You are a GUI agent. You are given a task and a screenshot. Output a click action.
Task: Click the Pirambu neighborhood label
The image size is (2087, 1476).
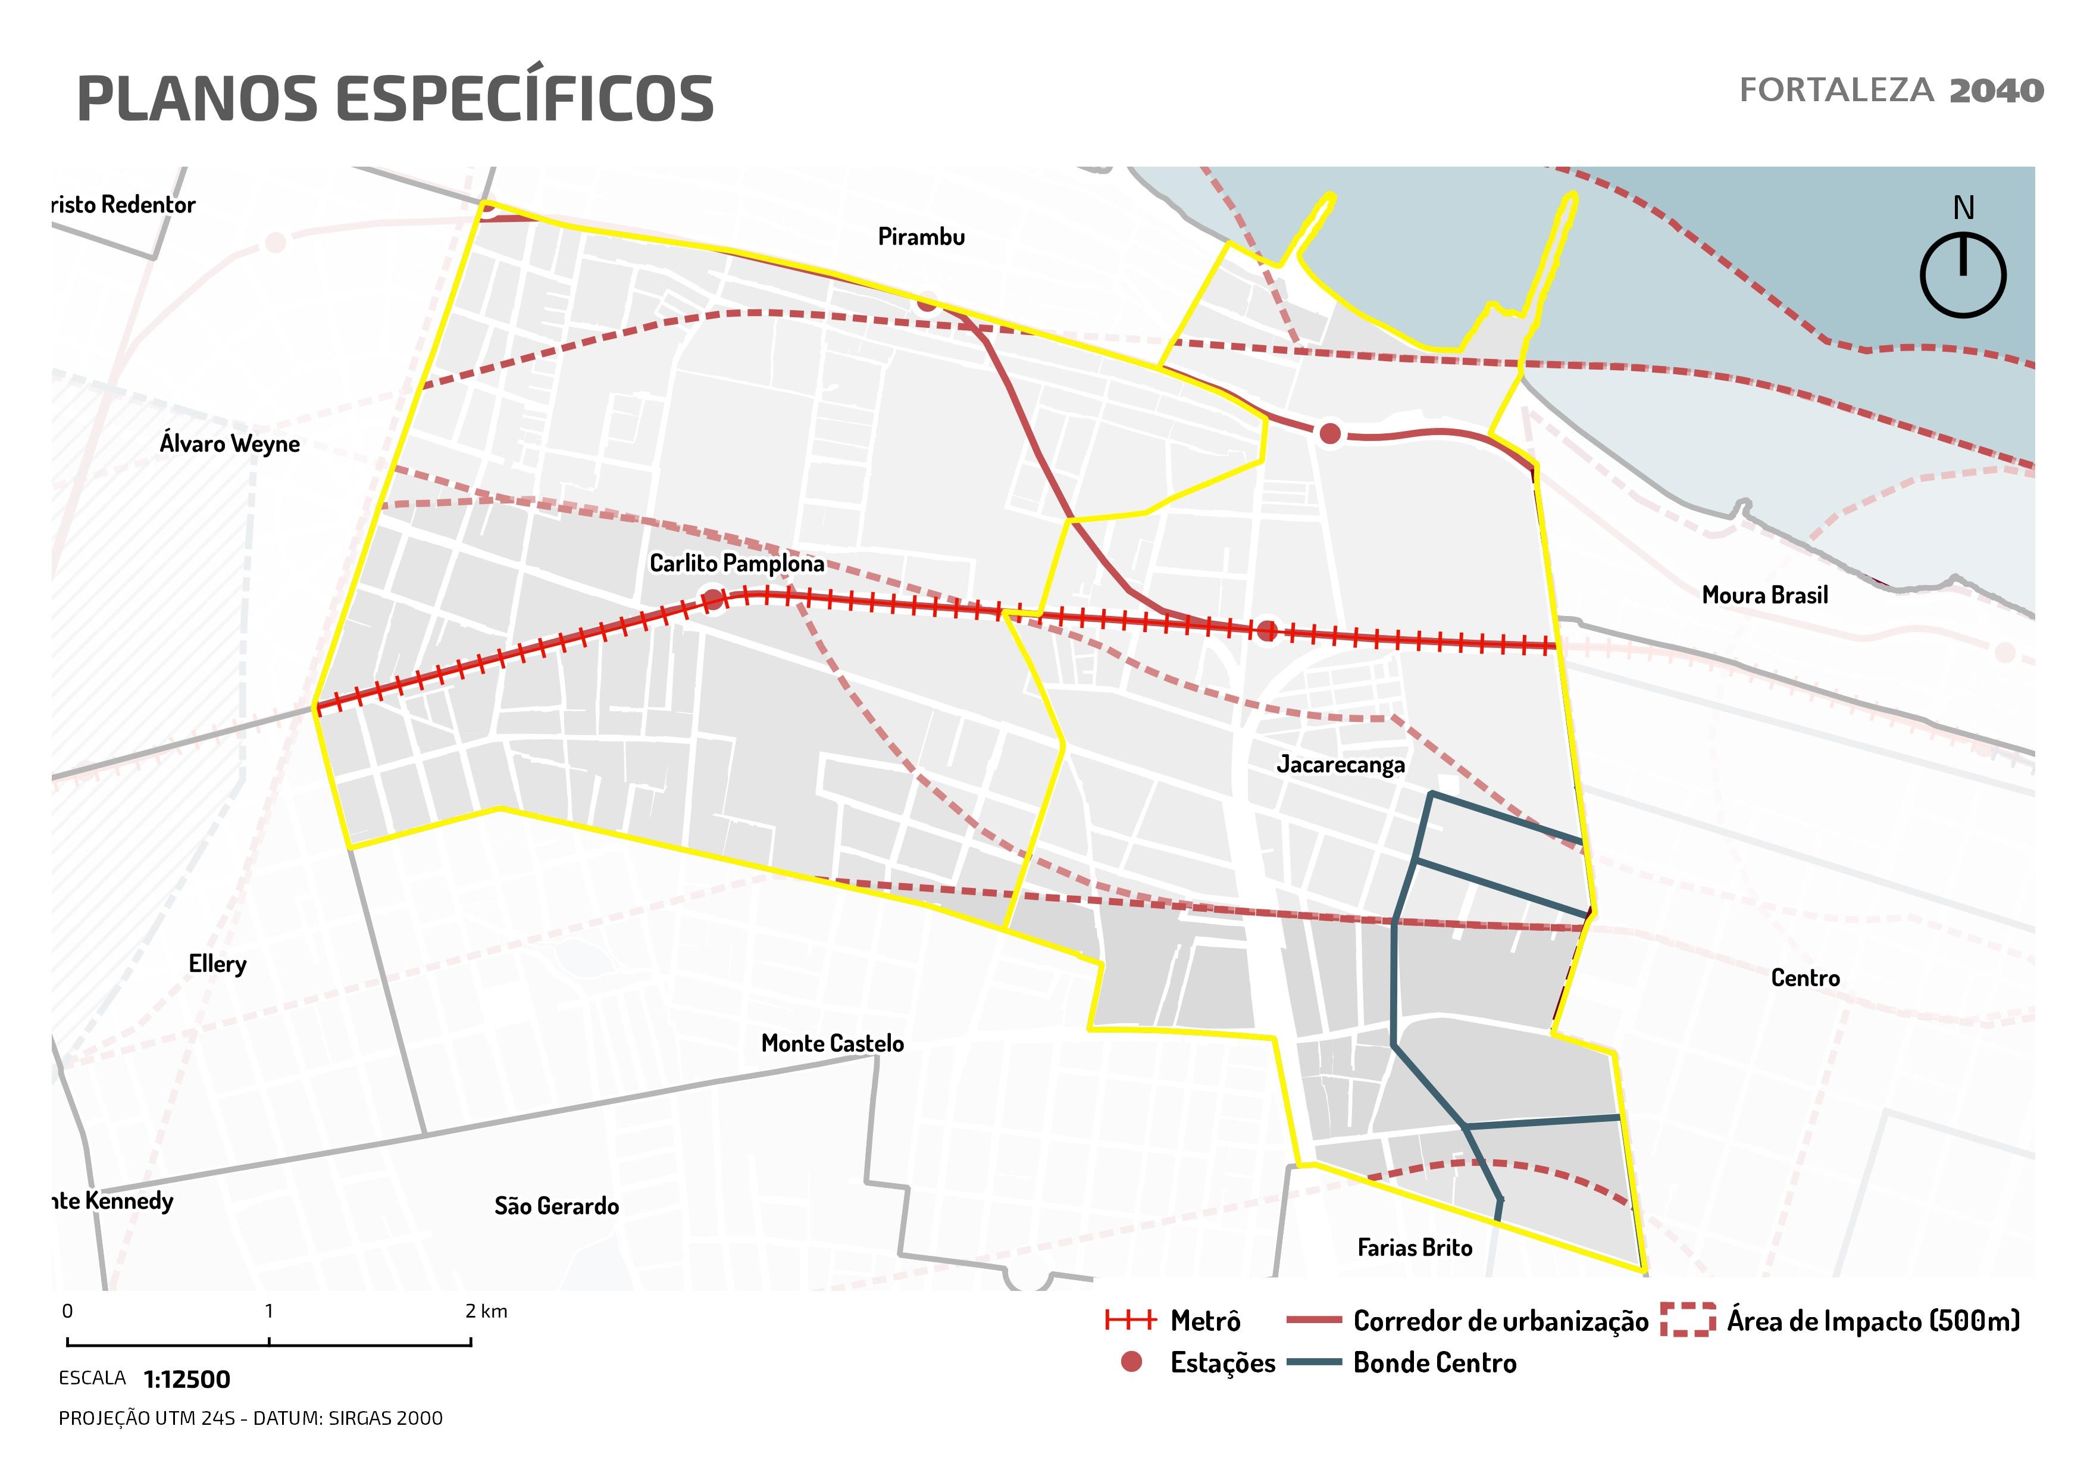921,237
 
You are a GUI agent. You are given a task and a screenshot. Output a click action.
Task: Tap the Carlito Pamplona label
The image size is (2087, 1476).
736,564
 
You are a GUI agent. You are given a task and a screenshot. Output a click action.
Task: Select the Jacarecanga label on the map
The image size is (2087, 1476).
1340,764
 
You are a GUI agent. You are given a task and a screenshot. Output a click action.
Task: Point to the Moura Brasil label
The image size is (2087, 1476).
1764,595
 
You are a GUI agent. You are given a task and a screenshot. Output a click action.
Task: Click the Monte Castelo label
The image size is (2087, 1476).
832,1043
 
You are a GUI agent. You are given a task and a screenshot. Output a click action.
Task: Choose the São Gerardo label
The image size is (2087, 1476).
556,1206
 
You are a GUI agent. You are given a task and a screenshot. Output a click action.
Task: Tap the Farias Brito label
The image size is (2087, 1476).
1415,1248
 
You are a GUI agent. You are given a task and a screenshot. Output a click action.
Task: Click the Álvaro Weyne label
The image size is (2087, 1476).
229,443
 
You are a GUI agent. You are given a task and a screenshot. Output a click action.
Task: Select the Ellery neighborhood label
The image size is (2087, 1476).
217,964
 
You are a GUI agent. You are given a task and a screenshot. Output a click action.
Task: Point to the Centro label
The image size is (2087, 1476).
1805,978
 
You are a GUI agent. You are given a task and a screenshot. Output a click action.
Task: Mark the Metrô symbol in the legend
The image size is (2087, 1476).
1130,1321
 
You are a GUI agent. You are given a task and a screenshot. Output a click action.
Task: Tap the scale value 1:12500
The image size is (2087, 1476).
187,1380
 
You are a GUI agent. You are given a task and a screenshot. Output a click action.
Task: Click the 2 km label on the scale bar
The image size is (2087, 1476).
486,1312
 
